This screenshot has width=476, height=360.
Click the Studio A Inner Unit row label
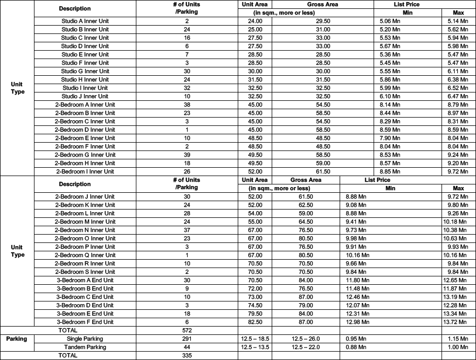(x=85, y=21)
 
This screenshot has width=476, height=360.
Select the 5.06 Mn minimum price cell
(x=390, y=21)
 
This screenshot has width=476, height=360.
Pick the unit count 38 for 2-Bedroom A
(x=187, y=104)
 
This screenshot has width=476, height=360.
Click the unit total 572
(x=187, y=330)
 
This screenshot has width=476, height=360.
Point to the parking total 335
(x=187, y=355)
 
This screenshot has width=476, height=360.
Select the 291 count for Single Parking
(x=187, y=339)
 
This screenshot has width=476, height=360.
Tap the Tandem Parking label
(x=85, y=347)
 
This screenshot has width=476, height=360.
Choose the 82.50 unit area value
(x=255, y=322)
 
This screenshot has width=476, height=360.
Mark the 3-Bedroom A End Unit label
(x=85, y=280)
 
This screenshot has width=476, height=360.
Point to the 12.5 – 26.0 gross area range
(x=306, y=339)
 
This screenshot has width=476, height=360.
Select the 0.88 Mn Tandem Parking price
(x=356, y=347)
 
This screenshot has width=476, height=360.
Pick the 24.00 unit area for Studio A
(x=255, y=21)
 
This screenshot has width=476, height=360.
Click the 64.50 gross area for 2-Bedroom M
(x=306, y=222)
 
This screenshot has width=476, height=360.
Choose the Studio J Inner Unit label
(x=85, y=96)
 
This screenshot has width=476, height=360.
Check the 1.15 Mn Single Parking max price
(x=458, y=339)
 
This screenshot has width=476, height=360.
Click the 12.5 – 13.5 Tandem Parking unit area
(x=255, y=347)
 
